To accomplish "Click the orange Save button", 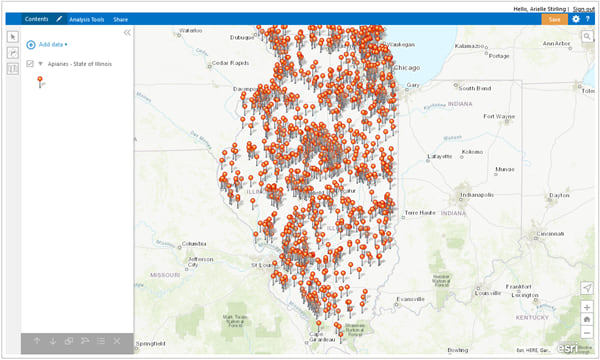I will pyautogui.click(x=554, y=19).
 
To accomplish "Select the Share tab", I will pyautogui.click(x=120, y=19).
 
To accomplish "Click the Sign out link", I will pyautogui.click(x=584, y=8).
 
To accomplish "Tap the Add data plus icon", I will pyautogui.click(x=31, y=45).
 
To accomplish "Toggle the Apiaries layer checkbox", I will pyautogui.click(x=30, y=63).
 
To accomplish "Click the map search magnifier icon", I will pyautogui.click(x=588, y=36).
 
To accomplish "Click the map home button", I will pyautogui.click(x=587, y=319).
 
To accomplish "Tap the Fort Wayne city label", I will pyautogui.click(x=497, y=116).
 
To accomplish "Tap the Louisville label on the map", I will pyautogui.click(x=488, y=293).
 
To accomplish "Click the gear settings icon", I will pyautogui.click(x=576, y=19).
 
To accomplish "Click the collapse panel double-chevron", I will pyautogui.click(x=127, y=33).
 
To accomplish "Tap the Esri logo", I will pyautogui.click(x=566, y=349).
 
